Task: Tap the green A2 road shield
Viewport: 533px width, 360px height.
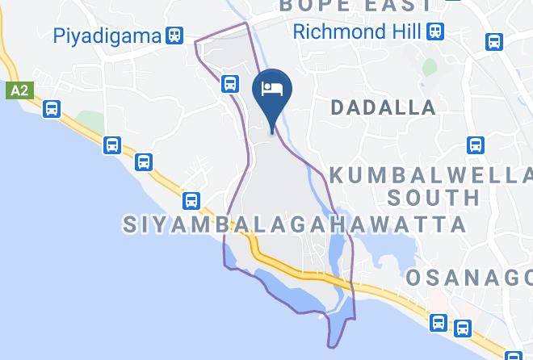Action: [19, 90]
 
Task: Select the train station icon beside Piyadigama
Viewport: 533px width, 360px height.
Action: [174, 36]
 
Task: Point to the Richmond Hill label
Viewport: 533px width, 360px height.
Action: [356, 32]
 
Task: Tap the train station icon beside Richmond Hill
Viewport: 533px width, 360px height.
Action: [436, 32]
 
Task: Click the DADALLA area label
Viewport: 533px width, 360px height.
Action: [383, 107]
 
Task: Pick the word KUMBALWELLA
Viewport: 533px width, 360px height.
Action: [430, 175]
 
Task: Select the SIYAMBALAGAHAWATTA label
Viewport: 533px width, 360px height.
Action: [296, 224]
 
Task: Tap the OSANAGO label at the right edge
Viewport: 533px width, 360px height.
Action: [468, 278]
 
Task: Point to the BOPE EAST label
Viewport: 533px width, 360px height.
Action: [356, 6]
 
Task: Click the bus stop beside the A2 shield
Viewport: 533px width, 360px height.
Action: [52, 108]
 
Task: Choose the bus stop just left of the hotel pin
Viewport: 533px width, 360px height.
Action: [231, 82]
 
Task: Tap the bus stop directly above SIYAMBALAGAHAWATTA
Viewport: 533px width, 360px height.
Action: [191, 200]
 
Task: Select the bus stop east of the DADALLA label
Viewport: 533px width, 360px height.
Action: [476, 145]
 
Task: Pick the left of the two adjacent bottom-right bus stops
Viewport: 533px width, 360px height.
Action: [439, 323]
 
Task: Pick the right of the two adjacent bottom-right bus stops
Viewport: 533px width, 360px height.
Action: [463, 328]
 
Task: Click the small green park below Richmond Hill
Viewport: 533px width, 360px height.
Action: [430, 66]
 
